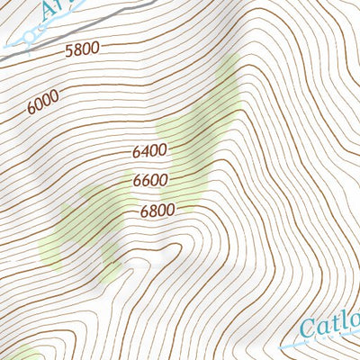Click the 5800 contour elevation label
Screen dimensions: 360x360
pyautogui.click(x=82, y=52)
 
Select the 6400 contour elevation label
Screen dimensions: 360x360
pyautogui.click(x=149, y=151)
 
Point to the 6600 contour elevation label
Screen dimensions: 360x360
pyautogui.click(x=150, y=181)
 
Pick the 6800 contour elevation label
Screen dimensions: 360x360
pyautogui.click(x=157, y=211)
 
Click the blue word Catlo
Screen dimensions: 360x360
pyautogui.click(x=328, y=323)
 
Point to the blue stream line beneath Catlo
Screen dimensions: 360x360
pyautogui.click(x=324, y=341)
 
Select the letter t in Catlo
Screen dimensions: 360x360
pyautogui.click(x=335, y=322)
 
